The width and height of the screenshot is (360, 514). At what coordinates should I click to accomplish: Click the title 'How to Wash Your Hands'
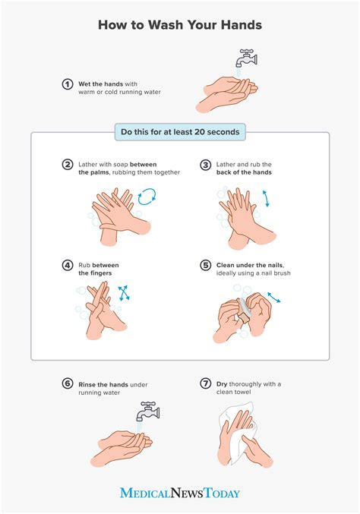(x=180, y=26)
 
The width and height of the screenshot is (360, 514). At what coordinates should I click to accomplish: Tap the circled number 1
(x=67, y=84)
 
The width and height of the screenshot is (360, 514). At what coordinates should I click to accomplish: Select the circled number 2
(x=67, y=164)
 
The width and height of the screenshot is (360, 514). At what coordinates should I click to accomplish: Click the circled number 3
(x=205, y=164)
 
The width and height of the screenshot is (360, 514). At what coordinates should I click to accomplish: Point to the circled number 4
(x=67, y=266)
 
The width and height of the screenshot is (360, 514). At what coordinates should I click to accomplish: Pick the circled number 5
(x=205, y=266)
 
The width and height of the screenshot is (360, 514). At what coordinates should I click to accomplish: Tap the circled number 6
(x=67, y=384)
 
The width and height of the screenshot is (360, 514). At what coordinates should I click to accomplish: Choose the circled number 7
(x=205, y=384)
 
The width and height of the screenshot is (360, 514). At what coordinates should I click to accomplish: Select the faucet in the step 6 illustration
(x=147, y=411)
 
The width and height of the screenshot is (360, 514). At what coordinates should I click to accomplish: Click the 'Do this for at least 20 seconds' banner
(x=180, y=132)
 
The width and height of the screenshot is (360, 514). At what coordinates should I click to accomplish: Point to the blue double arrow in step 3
(x=266, y=199)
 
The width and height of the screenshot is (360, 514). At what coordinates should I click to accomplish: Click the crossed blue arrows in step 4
(x=122, y=293)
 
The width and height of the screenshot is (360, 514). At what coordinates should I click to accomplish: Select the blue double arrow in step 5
(x=273, y=298)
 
